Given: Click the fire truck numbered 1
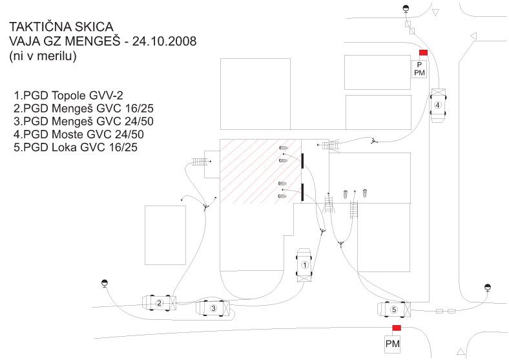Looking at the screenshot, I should pyautogui.click(x=306, y=265).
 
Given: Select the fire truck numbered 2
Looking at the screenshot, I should pyautogui.click(x=159, y=302).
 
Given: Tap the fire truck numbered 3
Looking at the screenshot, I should pyautogui.click(x=214, y=309).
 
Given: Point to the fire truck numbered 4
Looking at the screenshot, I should pyautogui.click(x=438, y=104).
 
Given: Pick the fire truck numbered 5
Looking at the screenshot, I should pyautogui.click(x=394, y=310).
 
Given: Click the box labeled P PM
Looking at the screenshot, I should pyautogui.click(x=419, y=69).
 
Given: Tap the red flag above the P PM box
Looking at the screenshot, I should pyautogui.click(x=424, y=53).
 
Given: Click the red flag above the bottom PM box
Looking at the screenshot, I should pyautogui.click(x=397, y=328).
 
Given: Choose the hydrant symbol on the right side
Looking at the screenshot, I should pyautogui.click(x=488, y=287).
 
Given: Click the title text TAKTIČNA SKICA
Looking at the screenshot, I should pyautogui.click(x=61, y=26).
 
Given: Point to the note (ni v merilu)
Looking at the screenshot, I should pyautogui.click(x=43, y=56).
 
